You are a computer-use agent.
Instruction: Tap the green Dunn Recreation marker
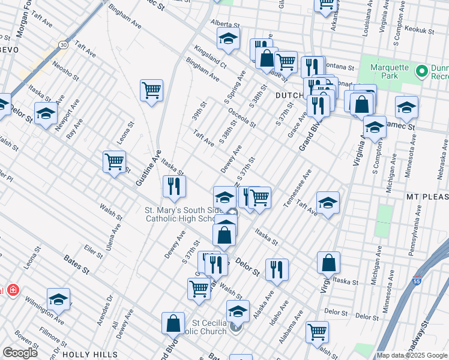[421, 71]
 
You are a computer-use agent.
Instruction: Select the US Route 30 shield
[63, 44]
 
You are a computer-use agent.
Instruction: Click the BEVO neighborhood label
[9, 50]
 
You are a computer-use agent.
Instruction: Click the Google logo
[20, 353]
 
